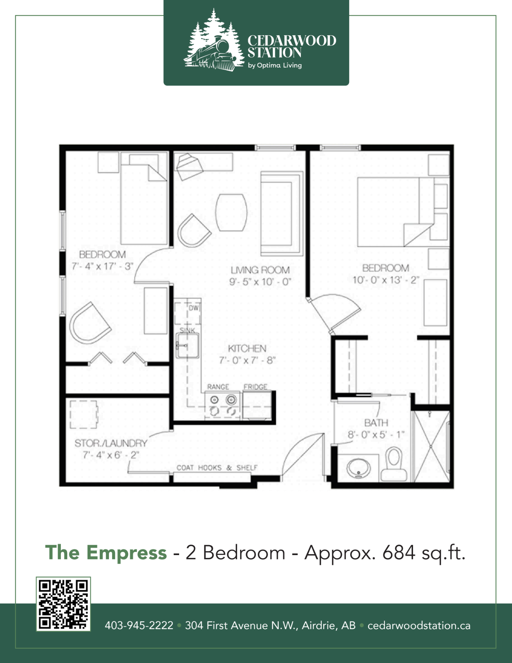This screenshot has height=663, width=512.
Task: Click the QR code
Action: [63, 604]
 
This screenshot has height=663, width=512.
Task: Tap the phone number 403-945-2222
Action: [139, 626]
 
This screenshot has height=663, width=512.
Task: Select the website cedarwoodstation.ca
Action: [419, 626]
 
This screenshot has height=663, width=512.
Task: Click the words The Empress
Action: [106, 553]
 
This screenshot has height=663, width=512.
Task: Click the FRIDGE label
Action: [255, 387]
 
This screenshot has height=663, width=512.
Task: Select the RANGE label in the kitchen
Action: [218, 387]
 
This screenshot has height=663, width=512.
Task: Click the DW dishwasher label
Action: [193, 308]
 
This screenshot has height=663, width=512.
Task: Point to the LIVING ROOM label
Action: [260, 270]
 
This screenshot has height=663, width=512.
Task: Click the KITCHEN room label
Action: [247, 349]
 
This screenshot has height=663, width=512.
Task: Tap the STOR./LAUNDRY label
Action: [111, 443]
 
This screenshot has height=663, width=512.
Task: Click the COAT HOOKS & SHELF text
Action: [217, 468]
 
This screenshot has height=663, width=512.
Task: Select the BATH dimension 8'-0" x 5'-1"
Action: [376, 435]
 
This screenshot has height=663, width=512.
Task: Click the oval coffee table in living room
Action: [231, 213]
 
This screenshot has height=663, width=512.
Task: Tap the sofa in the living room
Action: [282, 214]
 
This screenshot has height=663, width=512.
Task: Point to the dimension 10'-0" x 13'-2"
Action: [386, 280]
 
